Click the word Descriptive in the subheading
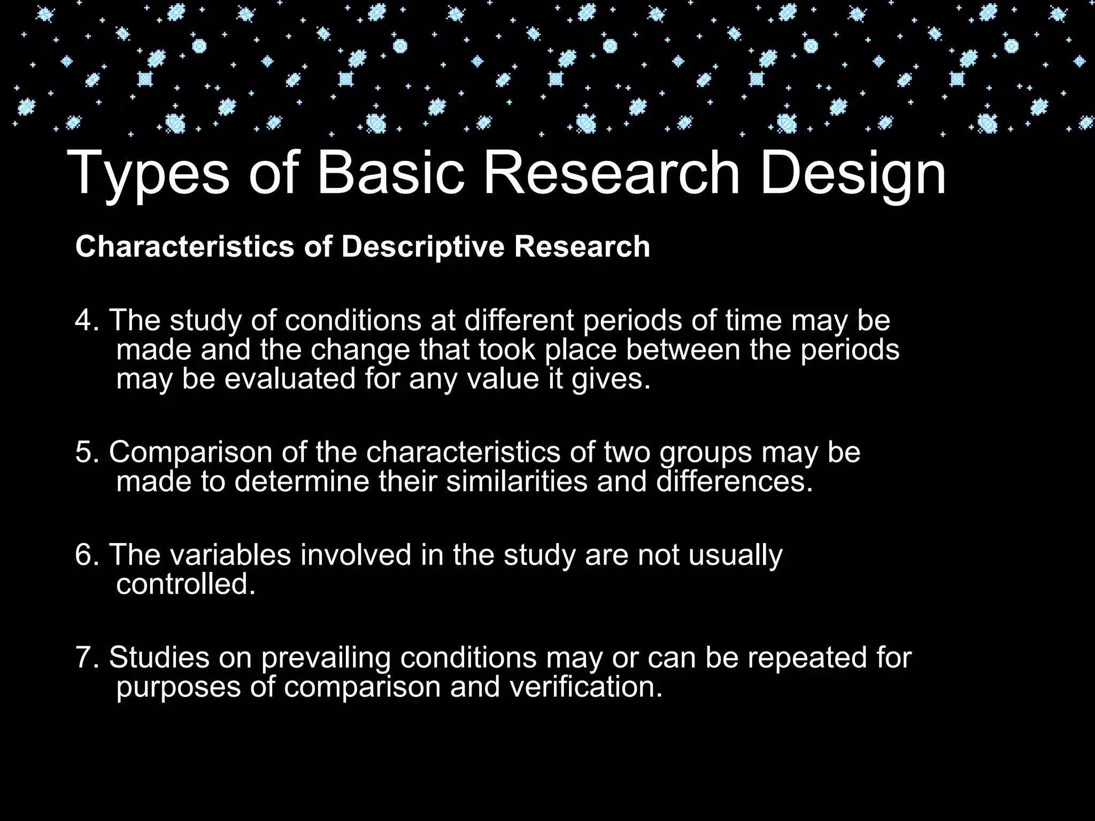pos(423,247)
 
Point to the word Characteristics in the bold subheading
pos(185,247)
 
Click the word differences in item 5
pos(735,481)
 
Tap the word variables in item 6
pos(230,554)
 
